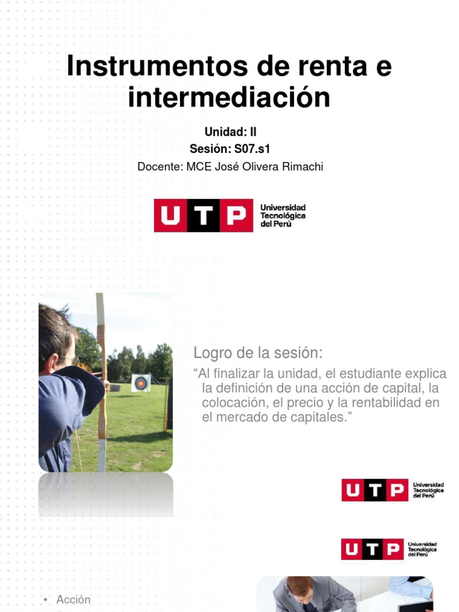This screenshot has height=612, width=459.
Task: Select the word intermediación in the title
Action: point(229,97)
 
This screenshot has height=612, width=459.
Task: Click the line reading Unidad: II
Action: point(230,132)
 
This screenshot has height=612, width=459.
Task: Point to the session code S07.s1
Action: point(252,149)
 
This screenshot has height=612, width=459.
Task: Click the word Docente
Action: point(160,167)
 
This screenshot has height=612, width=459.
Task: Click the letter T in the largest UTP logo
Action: point(204,215)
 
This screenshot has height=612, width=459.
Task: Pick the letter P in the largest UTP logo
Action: point(237,215)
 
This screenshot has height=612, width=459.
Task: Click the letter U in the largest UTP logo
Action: point(170,215)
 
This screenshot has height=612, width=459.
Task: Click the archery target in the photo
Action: point(141,382)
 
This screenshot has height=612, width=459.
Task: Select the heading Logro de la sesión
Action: point(258,353)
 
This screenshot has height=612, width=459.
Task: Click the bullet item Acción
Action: point(74,599)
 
